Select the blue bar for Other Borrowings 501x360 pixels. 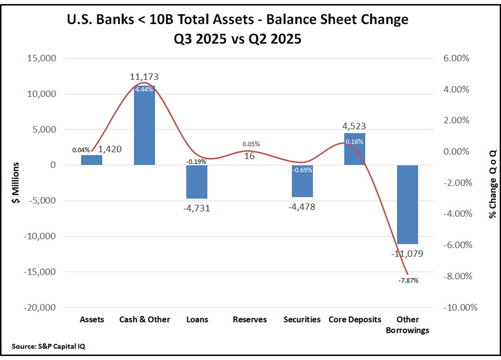click(x=407, y=204)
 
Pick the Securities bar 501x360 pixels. click(x=302, y=181)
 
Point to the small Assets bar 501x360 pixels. click(x=92, y=160)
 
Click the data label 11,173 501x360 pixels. click(x=144, y=76)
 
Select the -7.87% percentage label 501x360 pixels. click(x=409, y=281)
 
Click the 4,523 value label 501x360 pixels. click(x=354, y=126)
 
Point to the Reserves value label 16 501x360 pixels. click(x=249, y=155)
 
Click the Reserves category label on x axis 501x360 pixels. click(x=249, y=319)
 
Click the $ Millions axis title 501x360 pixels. click(x=16, y=183)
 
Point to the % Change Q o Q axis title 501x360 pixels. click(x=492, y=183)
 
